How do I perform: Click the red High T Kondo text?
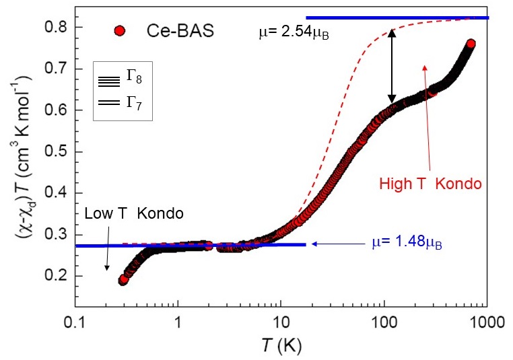[430, 182]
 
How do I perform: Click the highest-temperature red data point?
[471, 44]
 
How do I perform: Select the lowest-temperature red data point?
[123, 280]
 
